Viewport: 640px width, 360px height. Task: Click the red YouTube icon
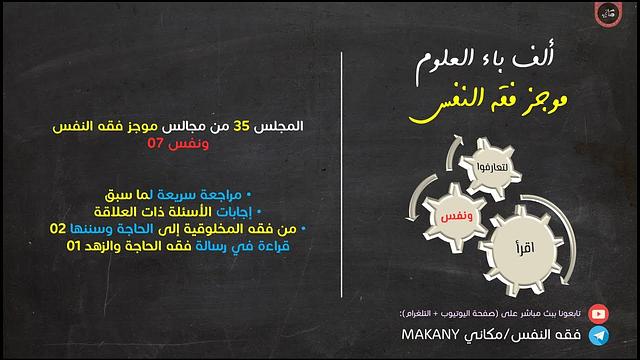(x=597, y=312)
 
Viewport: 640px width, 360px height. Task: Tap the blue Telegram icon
(x=597, y=333)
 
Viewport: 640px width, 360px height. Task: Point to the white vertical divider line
(x=343, y=180)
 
